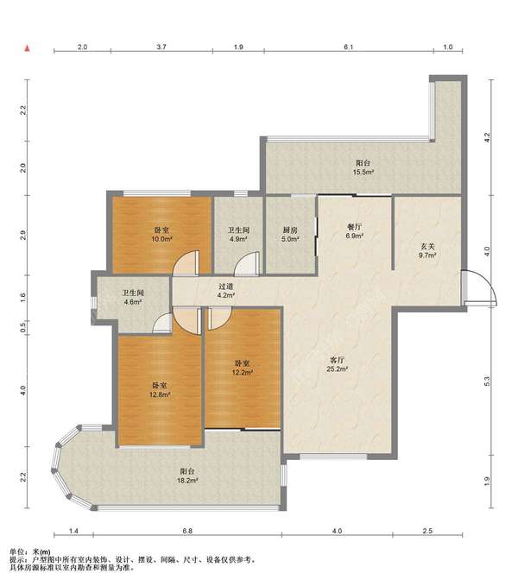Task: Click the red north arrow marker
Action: point(27,48)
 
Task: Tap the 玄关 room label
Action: point(427,247)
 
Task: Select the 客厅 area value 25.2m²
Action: point(338,369)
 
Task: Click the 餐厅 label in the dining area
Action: point(354,227)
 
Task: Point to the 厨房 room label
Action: point(290,230)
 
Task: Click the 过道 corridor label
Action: point(226,287)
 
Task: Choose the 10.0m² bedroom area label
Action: point(161,239)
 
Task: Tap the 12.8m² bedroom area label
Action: point(160,394)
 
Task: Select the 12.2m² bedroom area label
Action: point(243,372)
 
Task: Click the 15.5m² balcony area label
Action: point(363,173)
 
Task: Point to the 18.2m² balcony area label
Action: point(187,481)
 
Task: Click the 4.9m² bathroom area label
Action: point(238,239)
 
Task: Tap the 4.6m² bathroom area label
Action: point(133,302)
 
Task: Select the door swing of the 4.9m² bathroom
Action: point(247,264)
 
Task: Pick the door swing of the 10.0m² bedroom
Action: point(186,263)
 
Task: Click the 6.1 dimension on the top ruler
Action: point(348,47)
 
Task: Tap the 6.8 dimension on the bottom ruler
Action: point(187,531)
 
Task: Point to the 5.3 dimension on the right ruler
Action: point(487,381)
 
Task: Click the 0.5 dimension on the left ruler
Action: point(22,328)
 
